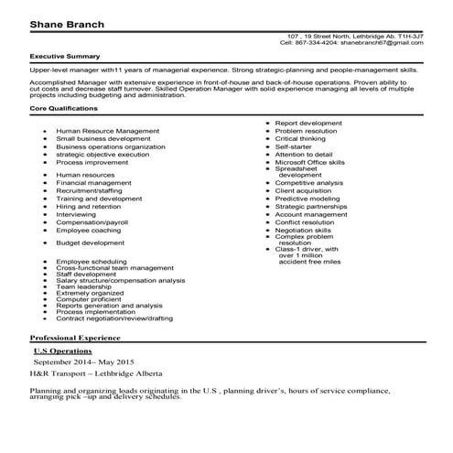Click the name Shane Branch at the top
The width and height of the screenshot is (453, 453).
click(x=62, y=21)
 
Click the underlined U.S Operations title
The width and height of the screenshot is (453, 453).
click(x=66, y=351)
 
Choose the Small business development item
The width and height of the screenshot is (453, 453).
click(x=102, y=138)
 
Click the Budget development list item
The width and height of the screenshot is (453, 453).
click(x=90, y=243)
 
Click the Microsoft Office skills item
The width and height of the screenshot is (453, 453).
click(x=310, y=161)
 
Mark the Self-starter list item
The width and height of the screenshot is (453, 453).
click(x=294, y=146)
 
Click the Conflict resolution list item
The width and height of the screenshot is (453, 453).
click(x=306, y=221)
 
